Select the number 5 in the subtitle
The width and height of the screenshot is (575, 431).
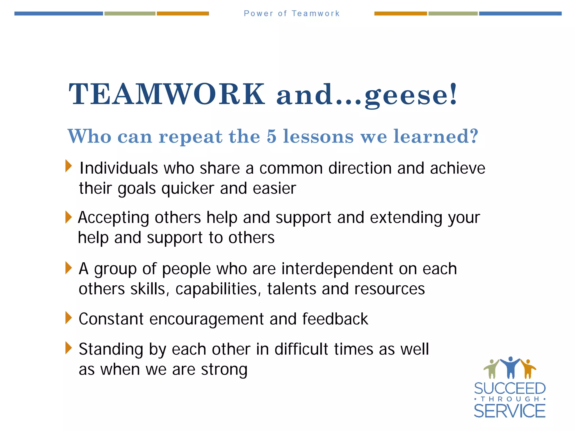pos(271,136)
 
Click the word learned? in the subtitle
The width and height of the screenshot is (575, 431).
pos(436,136)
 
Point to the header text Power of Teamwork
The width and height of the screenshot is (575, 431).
pos(292,13)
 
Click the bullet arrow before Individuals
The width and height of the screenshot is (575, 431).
pos(69,166)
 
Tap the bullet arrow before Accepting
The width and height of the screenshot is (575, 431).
pos(69,217)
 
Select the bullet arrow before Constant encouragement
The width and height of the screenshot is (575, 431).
pos(69,318)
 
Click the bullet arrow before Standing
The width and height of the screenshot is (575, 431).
pos(69,348)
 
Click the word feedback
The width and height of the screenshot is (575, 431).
pos(335,319)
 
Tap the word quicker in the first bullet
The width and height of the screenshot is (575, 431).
pos(188,188)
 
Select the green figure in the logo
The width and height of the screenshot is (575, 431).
pos(491,369)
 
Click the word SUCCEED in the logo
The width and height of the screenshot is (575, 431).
pos(510,389)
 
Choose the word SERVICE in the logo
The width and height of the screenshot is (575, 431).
pos(510,411)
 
